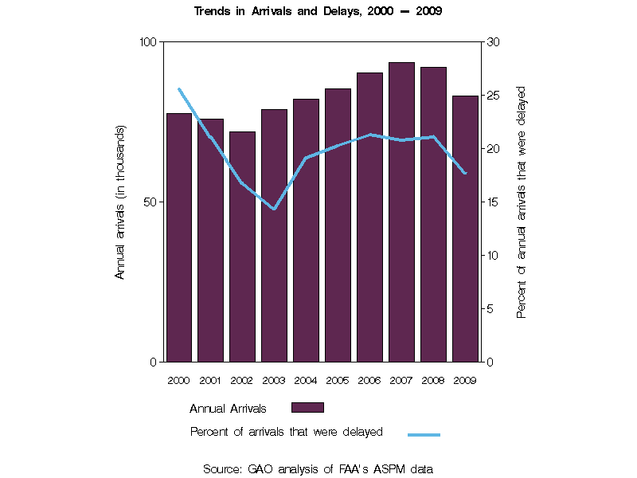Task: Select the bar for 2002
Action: [242, 246]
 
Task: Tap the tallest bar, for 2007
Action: [401, 212]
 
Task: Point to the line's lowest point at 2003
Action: [274, 209]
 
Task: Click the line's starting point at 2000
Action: [178, 89]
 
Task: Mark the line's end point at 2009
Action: [465, 173]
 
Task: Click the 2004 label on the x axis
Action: [306, 380]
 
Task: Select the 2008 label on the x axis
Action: [433, 380]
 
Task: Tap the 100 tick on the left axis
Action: [149, 41]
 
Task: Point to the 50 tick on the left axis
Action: [151, 202]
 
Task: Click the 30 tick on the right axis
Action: [493, 41]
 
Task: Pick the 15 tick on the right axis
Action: [493, 202]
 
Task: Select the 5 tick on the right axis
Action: [490, 309]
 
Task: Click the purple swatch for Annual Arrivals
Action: [307, 408]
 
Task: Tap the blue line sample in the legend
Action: [424, 434]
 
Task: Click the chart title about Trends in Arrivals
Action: [318, 12]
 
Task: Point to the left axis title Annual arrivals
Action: [121, 202]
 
